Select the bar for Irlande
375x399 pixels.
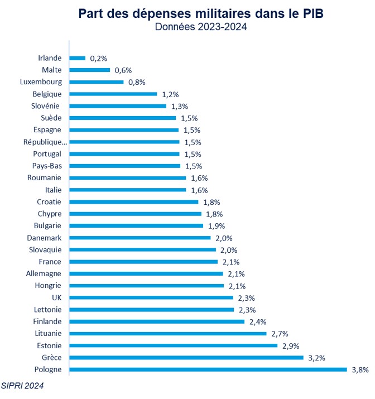click(77, 58)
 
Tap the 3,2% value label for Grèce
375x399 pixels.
click(316, 358)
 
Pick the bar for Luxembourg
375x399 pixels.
click(96, 82)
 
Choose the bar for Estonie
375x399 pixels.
click(173, 345)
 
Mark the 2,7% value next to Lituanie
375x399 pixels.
click(280, 334)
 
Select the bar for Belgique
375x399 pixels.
click(113, 94)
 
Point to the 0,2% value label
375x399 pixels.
click(98, 58)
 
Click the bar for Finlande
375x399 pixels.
click(156, 321)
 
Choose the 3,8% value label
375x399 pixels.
click(360, 369)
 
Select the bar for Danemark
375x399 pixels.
click(140, 238)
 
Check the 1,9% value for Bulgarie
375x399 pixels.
click(217, 226)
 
